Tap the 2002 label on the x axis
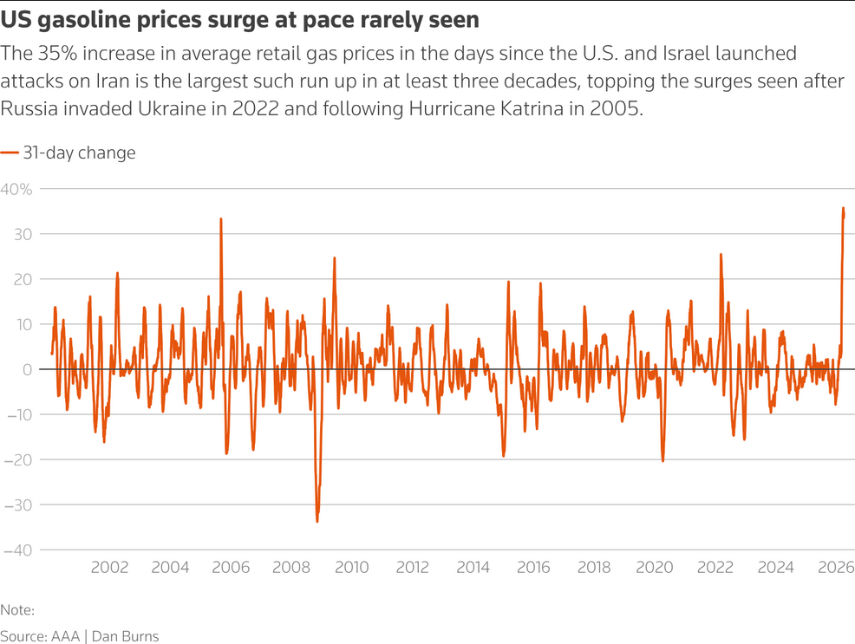[x=109, y=568]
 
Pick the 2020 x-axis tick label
[x=655, y=568]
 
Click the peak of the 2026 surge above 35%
[x=844, y=209]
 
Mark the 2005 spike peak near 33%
[x=221, y=219]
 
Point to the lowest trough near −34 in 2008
[x=317, y=521]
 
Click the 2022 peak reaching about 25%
[x=721, y=255]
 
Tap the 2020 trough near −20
[x=662, y=460]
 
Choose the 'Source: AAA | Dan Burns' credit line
[x=80, y=635]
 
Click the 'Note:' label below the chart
[x=17, y=610]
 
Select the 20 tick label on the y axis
[x=22, y=279]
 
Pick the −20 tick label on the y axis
[x=18, y=460]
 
